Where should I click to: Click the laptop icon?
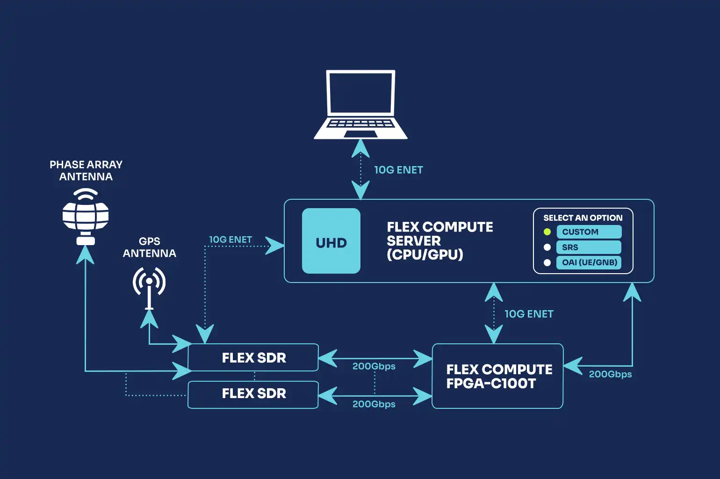[x=360, y=105]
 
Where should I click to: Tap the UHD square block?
[x=331, y=241]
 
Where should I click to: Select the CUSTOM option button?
[x=589, y=232]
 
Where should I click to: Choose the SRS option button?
[x=589, y=247]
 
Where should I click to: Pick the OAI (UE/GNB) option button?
[x=589, y=262]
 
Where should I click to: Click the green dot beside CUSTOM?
[x=547, y=232]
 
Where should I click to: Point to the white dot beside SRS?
[x=547, y=247]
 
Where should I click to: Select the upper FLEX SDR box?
[x=253, y=358]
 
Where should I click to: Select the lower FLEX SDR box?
[x=253, y=394]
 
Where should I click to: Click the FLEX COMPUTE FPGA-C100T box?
[x=497, y=376]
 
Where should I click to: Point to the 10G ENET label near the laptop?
[x=398, y=170]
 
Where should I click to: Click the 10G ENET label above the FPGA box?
[x=529, y=314]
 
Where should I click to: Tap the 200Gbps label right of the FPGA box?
[x=610, y=374]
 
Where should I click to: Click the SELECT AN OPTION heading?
[x=583, y=218]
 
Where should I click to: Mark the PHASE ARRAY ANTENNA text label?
[x=86, y=171]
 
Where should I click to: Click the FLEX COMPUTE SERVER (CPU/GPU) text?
[x=439, y=241]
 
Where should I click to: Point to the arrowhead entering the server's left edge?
[x=275, y=246]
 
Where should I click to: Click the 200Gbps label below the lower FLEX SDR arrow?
[x=374, y=404]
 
